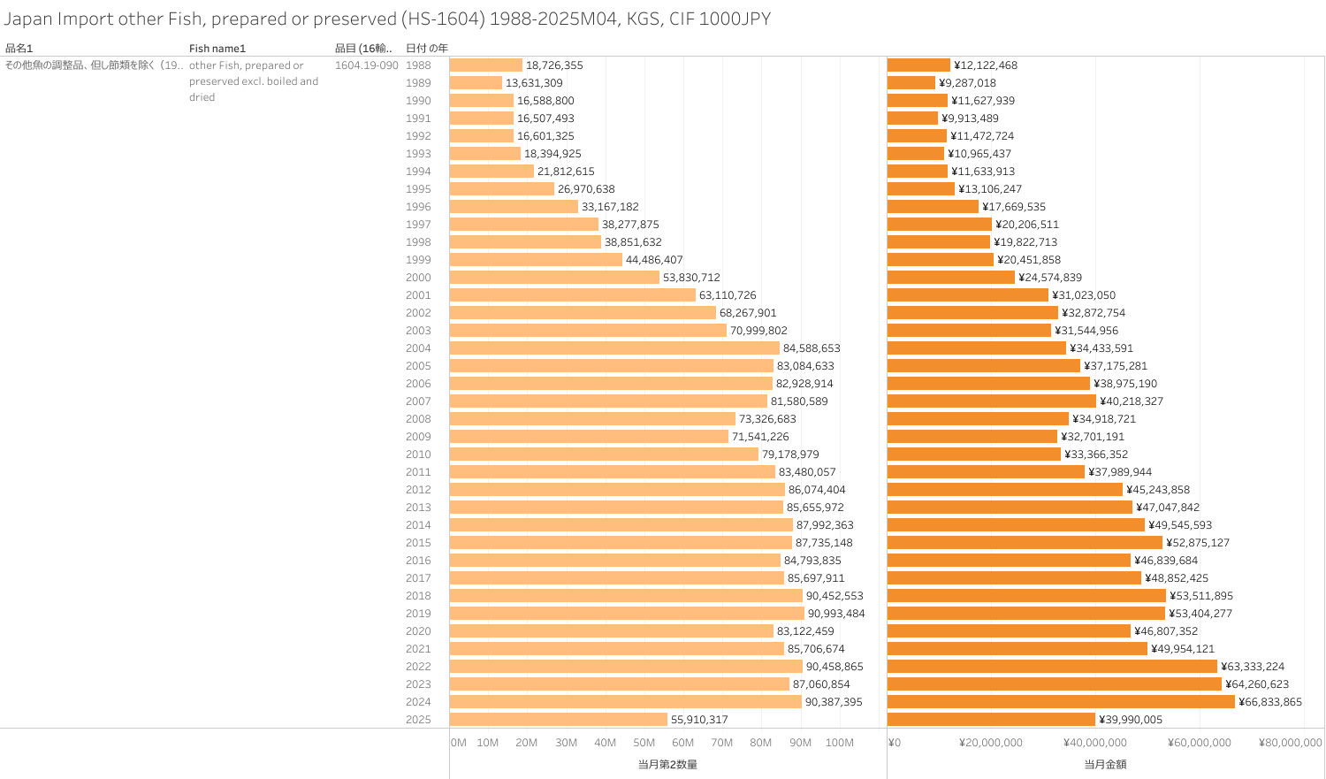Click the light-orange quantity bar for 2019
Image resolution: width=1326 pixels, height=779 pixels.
[627, 614]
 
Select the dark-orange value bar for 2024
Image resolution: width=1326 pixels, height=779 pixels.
[1061, 702]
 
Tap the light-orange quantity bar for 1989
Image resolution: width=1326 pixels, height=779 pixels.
[476, 83]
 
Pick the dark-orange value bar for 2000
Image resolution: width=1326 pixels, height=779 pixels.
[951, 278]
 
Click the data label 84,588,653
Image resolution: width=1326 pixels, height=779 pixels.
[812, 348]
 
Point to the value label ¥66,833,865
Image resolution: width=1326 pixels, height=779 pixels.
[1270, 702]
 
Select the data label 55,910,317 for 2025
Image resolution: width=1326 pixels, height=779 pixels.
[699, 720]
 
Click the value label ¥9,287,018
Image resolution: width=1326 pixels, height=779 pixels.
[967, 83]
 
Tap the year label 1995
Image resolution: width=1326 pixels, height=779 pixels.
[418, 189]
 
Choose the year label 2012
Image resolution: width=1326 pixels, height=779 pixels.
[418, 490]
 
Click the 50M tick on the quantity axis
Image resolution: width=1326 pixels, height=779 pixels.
[644, 743]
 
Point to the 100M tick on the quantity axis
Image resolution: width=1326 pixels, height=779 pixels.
[839, 743]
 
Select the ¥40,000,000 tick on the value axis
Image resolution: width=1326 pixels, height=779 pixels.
[1095, 743]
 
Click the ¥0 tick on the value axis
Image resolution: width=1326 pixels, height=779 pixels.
[894, 743]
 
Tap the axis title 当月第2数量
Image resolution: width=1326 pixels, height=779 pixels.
[667, 764]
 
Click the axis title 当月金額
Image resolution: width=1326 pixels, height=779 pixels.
[1105, 764]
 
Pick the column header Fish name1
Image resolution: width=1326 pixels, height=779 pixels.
[217, 49]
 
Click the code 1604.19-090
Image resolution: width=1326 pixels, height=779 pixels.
[366, 65]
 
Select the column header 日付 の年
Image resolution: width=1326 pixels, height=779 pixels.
[426, 49]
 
